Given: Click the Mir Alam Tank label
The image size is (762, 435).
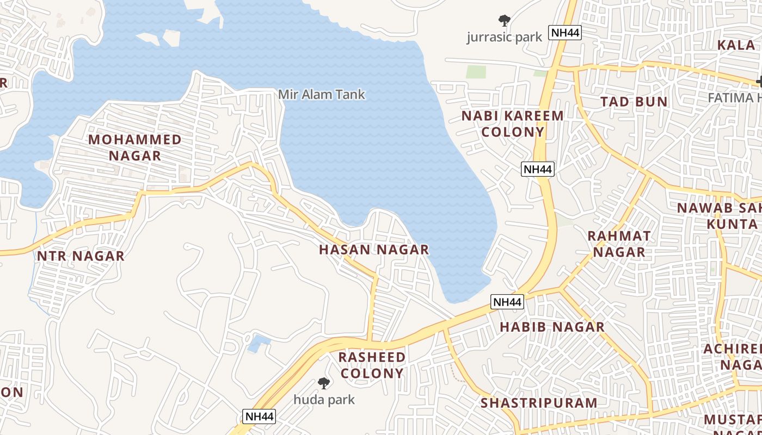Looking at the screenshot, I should [x=321, y=95].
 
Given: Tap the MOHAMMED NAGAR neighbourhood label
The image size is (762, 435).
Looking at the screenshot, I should [x=134, y=147].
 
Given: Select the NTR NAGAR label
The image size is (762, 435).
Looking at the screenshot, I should [x=81, y=256].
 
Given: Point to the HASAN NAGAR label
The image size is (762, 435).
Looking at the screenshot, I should [x=374, y=250].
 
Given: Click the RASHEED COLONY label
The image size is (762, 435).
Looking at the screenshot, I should [x=372, y=365].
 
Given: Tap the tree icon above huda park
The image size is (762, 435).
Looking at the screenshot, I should [x=324, y=383].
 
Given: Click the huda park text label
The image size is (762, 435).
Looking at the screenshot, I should [x=324, y=400].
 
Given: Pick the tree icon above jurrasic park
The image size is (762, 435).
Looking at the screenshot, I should [x=505, y=21].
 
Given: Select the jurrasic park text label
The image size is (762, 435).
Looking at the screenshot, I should [x=505, y=37].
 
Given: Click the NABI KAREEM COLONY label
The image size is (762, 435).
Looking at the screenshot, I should [x=513, y=124].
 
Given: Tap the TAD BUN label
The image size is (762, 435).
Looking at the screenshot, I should [x=634, y=102].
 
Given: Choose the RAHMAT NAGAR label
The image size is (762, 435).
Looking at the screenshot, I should [x=619, y=244].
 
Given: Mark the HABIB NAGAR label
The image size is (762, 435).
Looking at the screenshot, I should [x=552, y=327].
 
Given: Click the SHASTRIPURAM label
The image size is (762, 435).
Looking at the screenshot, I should [x=539, y=403].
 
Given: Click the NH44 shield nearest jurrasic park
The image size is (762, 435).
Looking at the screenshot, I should [x=565, y=33].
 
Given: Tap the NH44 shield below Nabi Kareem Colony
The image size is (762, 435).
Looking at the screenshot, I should [x=538, y=169].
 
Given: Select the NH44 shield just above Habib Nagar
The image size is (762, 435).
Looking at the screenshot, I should [x=507, y=302].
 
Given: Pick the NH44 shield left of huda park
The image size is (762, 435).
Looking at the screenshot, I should [x=259, y=417].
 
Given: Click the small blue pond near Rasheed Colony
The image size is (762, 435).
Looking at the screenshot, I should [x=259, y=343].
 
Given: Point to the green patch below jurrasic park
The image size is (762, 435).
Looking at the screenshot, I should [x=476, y=72].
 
